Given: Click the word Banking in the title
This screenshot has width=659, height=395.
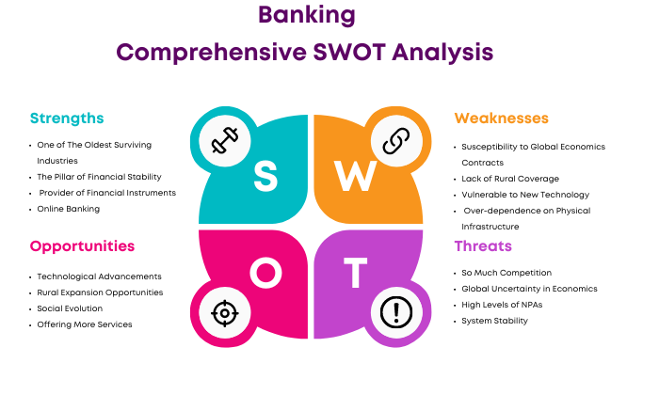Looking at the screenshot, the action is click(307, 16).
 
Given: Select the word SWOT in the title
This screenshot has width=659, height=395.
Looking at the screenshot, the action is click(349, 53).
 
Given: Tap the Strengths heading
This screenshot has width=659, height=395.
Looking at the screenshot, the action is click(67, 118).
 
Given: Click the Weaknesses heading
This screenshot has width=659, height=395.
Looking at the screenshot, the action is click(502, 118).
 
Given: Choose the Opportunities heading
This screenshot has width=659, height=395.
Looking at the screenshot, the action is click(83, 246).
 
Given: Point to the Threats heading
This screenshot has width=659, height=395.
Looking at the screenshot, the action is click(483, 246).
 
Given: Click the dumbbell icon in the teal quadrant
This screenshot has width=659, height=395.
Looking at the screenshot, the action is click(225, 140).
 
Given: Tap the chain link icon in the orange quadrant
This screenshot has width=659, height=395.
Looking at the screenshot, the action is click(396, 141).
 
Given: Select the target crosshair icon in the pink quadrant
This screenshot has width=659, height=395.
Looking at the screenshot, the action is click(225, 313).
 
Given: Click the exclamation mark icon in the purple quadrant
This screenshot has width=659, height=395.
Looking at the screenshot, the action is click(396, 312).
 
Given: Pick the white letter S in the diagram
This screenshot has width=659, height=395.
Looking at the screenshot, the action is click(265, 177).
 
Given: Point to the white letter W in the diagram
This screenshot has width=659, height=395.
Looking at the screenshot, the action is click(356, 177).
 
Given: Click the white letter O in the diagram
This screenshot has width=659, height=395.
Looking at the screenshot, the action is click(266, 273).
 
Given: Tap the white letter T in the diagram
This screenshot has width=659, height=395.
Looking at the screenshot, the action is click(356, 273).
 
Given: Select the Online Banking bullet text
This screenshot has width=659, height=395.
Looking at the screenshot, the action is click(69, 209).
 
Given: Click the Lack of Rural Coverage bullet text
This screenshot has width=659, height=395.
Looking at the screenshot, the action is click(510, 179).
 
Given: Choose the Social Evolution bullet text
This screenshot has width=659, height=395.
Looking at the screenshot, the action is click(70, 308).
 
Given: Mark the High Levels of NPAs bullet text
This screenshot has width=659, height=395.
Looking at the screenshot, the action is click(502, 305).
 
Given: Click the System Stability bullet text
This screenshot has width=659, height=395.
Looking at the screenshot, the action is click(494, 321).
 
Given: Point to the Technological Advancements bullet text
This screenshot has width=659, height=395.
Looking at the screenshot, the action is click(99, 276).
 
